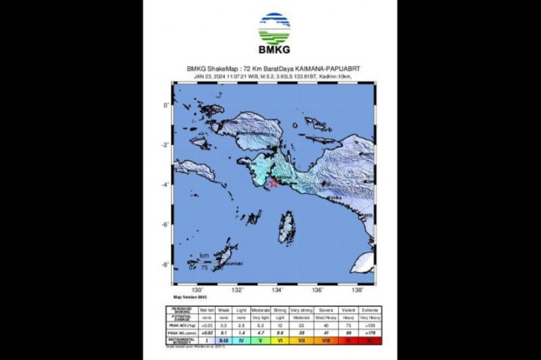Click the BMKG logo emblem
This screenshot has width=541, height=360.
274,29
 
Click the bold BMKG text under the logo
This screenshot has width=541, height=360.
274,52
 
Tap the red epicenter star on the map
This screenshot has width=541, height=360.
274,183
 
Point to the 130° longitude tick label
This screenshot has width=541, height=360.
198,290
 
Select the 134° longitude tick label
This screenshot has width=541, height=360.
277,290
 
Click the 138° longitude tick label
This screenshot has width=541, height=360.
357,290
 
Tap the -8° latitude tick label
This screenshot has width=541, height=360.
168,264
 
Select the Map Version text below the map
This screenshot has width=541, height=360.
189,298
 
